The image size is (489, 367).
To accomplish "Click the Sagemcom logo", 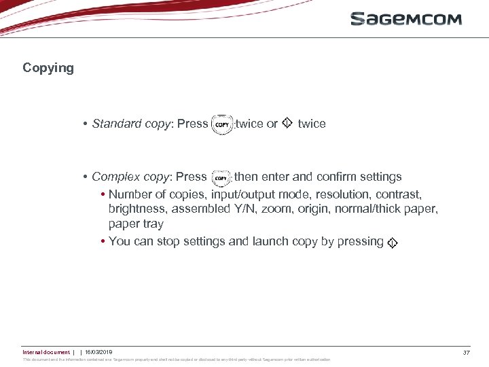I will tap(405, 18).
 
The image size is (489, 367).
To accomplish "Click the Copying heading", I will tap(48, 68).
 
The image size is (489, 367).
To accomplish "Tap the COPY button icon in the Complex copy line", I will tap(221, 178).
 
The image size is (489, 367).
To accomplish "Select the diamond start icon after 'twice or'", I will tap(287, 123).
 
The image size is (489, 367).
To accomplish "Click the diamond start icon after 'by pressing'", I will tap(393, 243).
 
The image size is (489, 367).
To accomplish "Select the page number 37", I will tap(467, 353).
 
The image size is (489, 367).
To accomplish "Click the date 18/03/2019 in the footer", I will tap(98, 352).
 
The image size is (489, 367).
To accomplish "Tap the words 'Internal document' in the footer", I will tap(46, 352).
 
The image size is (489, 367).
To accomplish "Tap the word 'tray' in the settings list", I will tap(151, 224).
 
